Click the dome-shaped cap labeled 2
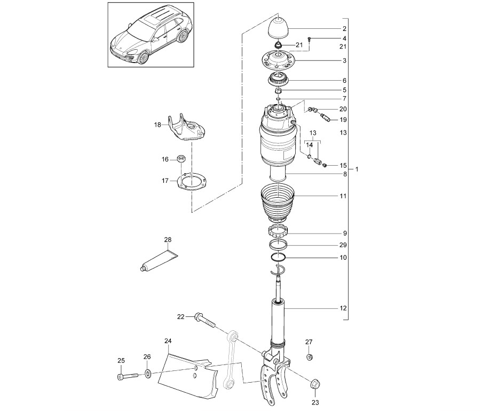(278, 28)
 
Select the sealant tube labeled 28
(159, 260)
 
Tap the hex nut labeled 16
(181, 159)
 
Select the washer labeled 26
(148, 374)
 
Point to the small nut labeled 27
(309, 357)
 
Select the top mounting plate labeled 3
(278, 60)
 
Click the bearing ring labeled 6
(278, 80)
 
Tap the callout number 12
(343, 308)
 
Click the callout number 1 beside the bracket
(357, 169)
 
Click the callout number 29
(343, 245)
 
